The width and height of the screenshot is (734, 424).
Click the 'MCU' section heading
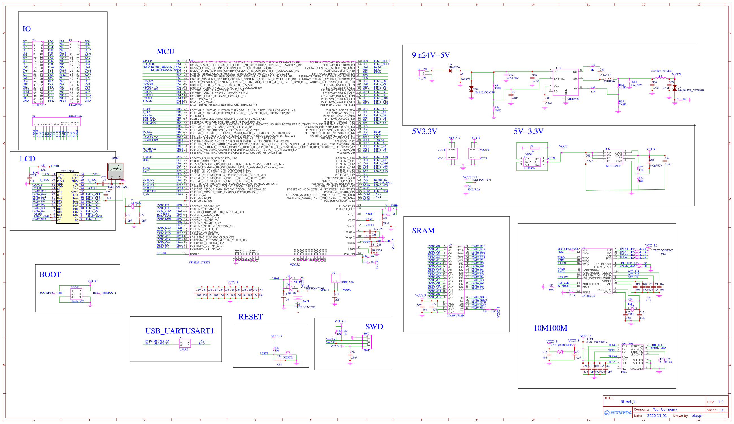point(165,52)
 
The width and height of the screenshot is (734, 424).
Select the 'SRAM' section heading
point(423,231)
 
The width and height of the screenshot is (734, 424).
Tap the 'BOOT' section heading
point(50,274)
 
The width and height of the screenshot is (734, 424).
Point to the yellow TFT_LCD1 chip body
point(68,198)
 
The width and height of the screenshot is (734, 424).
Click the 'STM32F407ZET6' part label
point(199,262)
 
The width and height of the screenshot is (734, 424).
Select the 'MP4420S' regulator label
point(573,99)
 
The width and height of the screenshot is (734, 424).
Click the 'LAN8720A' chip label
point(588,296)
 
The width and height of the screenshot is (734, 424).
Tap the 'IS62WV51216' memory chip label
point(456,315)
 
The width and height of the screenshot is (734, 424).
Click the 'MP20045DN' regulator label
point(613,166)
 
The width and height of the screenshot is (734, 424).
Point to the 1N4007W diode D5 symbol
point(450,71)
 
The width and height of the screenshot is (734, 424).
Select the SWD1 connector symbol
point(367,342)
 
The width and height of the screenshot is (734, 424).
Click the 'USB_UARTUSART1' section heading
point(179,331)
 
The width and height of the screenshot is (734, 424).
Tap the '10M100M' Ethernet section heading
point(550,328)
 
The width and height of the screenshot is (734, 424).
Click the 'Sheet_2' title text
point(628,401)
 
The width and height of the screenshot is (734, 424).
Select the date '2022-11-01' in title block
point(657,416)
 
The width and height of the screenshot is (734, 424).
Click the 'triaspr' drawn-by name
point(697,416)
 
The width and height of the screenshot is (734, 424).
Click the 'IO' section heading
point(27,29)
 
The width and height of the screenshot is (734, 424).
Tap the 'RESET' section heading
point(250,317)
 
